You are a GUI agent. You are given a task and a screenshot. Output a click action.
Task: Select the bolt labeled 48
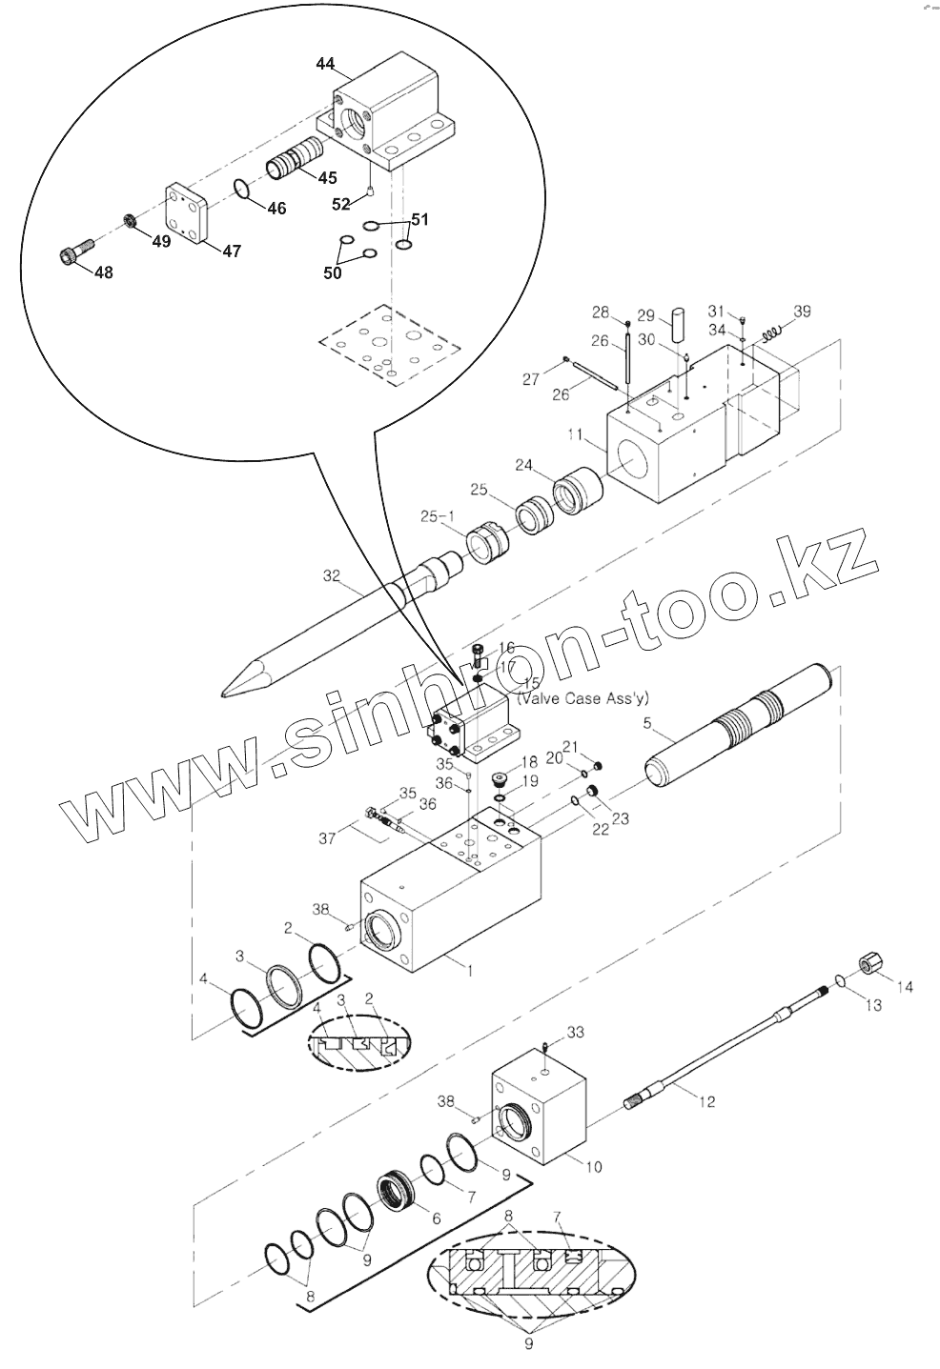click(73, 253)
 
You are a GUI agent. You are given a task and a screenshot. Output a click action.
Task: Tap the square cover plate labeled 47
click(198, 215)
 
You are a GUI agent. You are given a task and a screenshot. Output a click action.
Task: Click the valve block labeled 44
click(391, 114)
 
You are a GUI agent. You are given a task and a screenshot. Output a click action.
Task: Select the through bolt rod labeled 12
click(725, 1053)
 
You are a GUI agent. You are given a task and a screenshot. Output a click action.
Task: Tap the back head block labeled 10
click(539, 1110)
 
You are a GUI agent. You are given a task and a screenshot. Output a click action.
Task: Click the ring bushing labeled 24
click(577, 492)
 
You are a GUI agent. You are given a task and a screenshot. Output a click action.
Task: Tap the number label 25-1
click(439, 516)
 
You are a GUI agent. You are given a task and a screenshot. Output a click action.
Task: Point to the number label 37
click(328, 838)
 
